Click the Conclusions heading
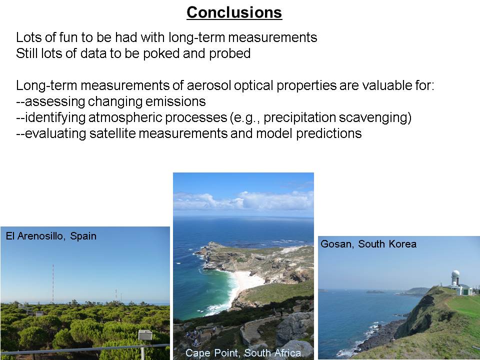[x=234, y=12]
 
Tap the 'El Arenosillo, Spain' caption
[x=51, y=236]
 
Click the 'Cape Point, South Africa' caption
[x=243, y=353]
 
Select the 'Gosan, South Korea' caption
[x=368, y=244]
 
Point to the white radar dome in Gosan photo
[x=455, y=273]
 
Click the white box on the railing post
[x=145, y=335]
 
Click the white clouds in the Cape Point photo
[x=243, y=201]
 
